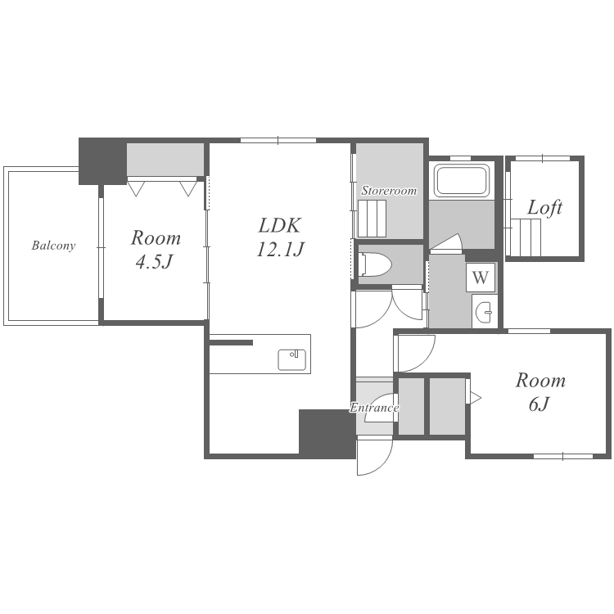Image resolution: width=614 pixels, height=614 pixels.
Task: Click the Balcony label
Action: (x=53, y=246)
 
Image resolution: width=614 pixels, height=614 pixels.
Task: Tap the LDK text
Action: (x=280, y=226)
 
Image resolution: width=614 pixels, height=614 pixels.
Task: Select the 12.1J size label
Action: (x=280, y=249)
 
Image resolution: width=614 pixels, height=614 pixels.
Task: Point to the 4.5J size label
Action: (x=154, y=262)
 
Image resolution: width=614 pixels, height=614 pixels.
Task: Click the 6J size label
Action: (x=540, y=404)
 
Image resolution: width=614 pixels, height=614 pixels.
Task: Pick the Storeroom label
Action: (x=389, y=191)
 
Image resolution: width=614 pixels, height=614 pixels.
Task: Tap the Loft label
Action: (x=544, y=208)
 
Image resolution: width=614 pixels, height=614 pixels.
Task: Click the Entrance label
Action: (x=374, y=408)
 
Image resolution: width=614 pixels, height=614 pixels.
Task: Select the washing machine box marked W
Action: (x=481, y=278)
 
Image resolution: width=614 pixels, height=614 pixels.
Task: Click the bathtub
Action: (x=462, y=181)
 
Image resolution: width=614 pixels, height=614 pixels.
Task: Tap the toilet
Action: (x=375, y=264)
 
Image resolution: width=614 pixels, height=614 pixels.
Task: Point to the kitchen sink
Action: (x=291, y=359)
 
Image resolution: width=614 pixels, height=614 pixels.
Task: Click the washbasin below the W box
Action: (x=484, y=312)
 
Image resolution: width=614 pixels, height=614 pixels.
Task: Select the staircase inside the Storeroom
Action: (x=372, y=219)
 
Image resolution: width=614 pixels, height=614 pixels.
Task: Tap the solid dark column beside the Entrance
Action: (x=327, y=433)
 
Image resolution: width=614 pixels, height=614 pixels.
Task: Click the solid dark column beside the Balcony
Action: (x=102, y=161)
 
